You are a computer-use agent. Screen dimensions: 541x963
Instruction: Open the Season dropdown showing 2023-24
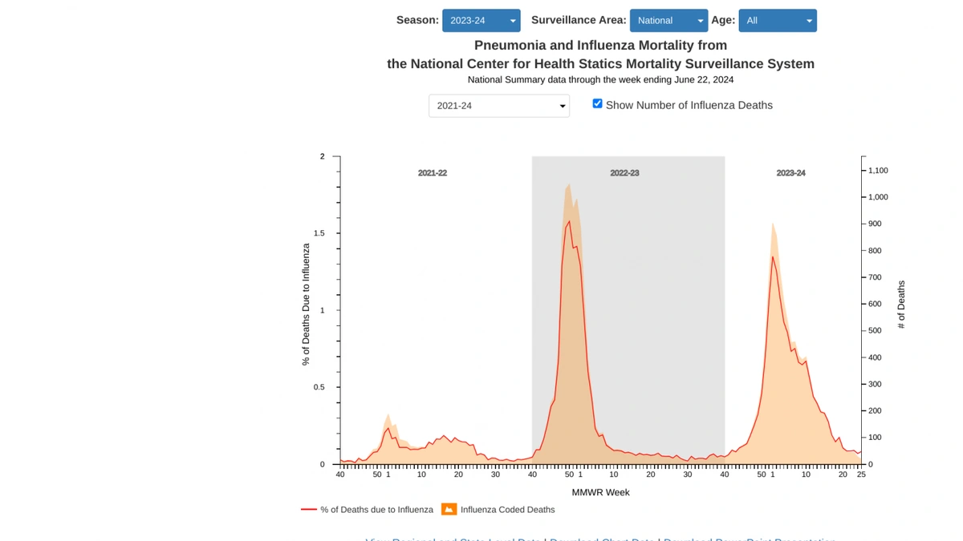tap(481, 21)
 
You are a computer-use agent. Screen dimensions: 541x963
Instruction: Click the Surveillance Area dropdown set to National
tap(668, 21)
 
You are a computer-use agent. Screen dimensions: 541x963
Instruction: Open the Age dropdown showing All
tap(777, 21)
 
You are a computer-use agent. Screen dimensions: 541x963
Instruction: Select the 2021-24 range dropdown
tap(498, 106)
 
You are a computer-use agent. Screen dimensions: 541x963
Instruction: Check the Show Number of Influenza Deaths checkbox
tap(597, 103)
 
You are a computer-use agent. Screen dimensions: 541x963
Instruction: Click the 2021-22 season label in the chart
tap(432, 173)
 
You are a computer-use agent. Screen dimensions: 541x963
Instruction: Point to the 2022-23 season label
tap(624, 173)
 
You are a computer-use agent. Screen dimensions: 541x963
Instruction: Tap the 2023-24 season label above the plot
tap(790, 173)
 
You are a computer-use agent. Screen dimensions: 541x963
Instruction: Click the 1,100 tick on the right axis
tap(877, 171)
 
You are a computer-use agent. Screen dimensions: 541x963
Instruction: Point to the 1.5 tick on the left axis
tap(319, 233)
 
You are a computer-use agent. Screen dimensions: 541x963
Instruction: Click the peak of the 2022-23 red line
tap(569, 222)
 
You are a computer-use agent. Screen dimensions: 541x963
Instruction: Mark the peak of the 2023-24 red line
tap(772, 256)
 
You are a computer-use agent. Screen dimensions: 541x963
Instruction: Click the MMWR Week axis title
tap(600, 492)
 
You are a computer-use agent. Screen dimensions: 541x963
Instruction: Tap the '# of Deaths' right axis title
tap(901, 305)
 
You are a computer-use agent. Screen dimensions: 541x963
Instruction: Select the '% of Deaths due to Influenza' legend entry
tap(376, 510)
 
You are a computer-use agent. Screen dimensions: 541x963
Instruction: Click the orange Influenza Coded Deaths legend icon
tap(449, 509)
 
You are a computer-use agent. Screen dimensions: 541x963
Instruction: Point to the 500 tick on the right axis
tap(876, 330)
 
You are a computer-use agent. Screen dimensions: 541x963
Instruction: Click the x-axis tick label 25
tap(861, 474)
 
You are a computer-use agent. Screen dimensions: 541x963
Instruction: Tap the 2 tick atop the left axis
tap(323, 156)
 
